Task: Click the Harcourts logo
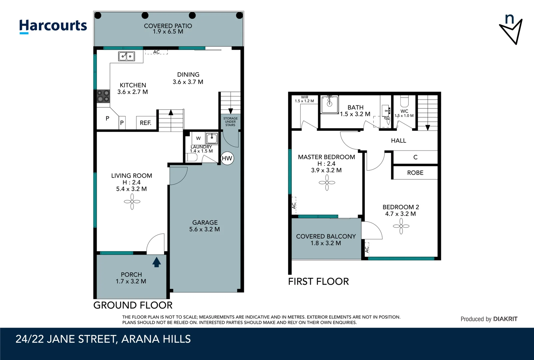53,26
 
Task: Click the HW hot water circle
227,158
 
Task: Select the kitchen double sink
127,56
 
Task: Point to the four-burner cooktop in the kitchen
103,96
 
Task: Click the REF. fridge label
146,123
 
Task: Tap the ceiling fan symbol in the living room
132,202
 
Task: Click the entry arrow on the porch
157,262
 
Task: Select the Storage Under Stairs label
230,122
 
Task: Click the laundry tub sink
212,138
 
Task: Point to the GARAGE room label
205,223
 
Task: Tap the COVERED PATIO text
168,26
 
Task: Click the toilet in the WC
404,101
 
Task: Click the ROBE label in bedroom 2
415,173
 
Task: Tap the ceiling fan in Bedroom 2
401,226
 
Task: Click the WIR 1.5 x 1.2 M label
304,99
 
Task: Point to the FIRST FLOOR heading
318,282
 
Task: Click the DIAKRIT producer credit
505,319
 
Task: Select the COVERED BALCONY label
326,236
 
